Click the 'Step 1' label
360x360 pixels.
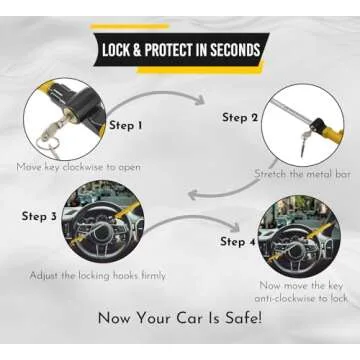127,125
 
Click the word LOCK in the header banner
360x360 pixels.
119,49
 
